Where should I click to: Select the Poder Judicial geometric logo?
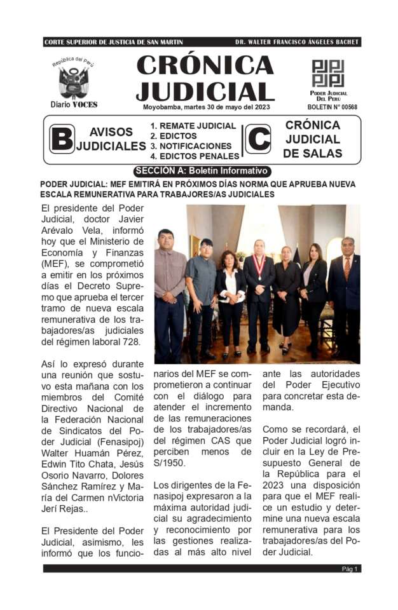click(327, 74)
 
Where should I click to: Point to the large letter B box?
click(62, 139)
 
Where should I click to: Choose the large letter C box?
click(257, 139)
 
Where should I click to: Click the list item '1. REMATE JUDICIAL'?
click(193, 126)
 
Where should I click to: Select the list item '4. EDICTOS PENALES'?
click(195, 156)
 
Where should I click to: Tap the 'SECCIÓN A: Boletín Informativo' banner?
click(202, 171)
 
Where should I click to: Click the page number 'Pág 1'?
click(350, 569)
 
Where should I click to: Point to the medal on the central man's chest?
click(258, 262)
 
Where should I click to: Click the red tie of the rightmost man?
click(347, 266)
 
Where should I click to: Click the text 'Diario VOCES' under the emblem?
click(74, 104)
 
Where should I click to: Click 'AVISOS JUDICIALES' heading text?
click(111, 139)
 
